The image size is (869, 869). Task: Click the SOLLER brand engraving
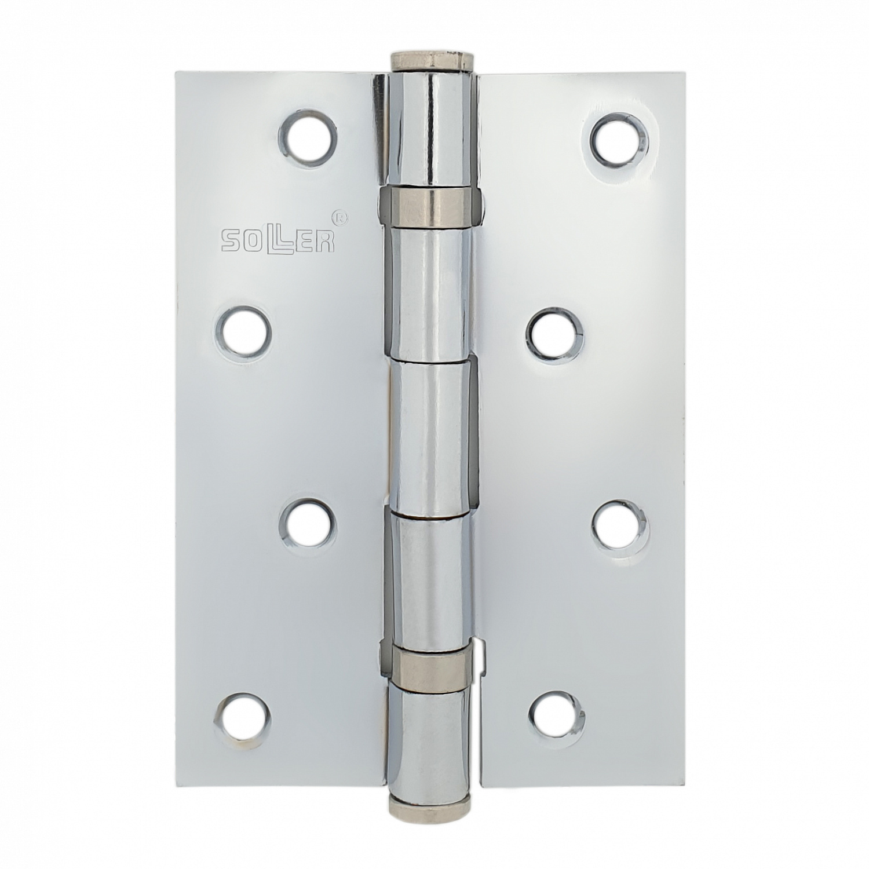pyautogui.click(x=278, y=240)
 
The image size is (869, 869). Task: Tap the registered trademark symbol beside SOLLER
pyautogui.click(x=342, y=219)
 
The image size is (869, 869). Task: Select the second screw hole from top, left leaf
pyautogui.click(x=244, y=331)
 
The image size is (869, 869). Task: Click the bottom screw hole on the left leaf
pyautogui.click(x=244, y=717)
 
